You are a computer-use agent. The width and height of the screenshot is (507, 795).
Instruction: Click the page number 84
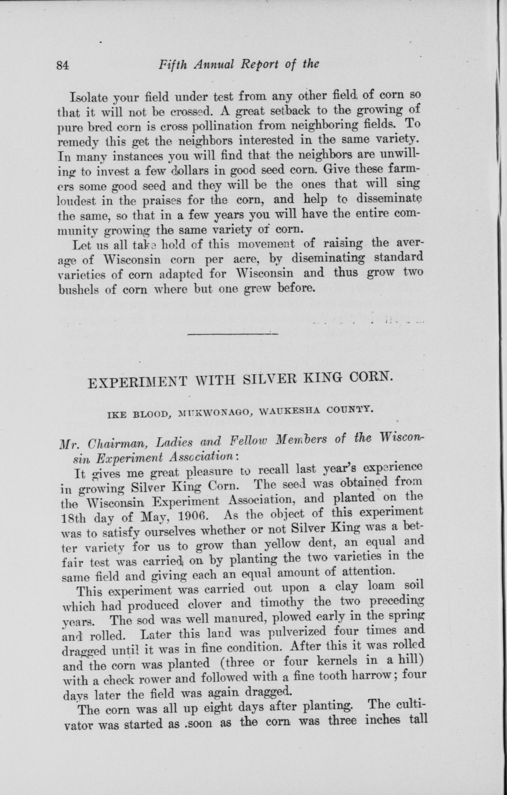point(62,66)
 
